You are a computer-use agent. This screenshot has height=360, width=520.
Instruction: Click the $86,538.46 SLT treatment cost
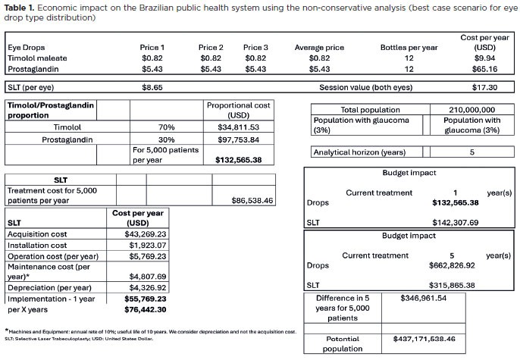pyautogui.click(x=252, y=201)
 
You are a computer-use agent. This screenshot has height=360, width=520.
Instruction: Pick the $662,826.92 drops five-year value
pyautogui.click(x=453, y=266)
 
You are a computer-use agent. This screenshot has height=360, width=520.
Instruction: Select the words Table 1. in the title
pyautogui.click(x=23, y=8)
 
